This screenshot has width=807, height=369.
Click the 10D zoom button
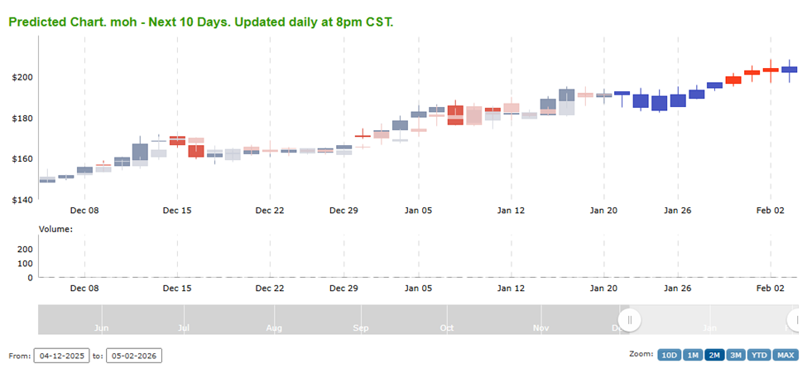coord(669,355)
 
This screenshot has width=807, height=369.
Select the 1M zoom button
coord(693,355)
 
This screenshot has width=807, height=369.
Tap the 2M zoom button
coord(714,355)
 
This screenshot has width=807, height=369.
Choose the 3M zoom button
coord(735,355)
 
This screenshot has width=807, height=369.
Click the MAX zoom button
coord(785,355)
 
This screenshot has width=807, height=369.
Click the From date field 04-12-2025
coord(60,356)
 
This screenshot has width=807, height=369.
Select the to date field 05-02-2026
coord(134,356)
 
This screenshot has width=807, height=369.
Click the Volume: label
coord(55,228)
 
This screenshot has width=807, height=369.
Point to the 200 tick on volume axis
coord(24,249)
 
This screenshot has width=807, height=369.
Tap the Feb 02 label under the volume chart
coord(770,289)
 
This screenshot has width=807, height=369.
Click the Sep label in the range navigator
coord(361,328)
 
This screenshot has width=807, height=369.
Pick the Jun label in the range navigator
coord(102,328)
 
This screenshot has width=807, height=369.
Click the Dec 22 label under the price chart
coord(270,211)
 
